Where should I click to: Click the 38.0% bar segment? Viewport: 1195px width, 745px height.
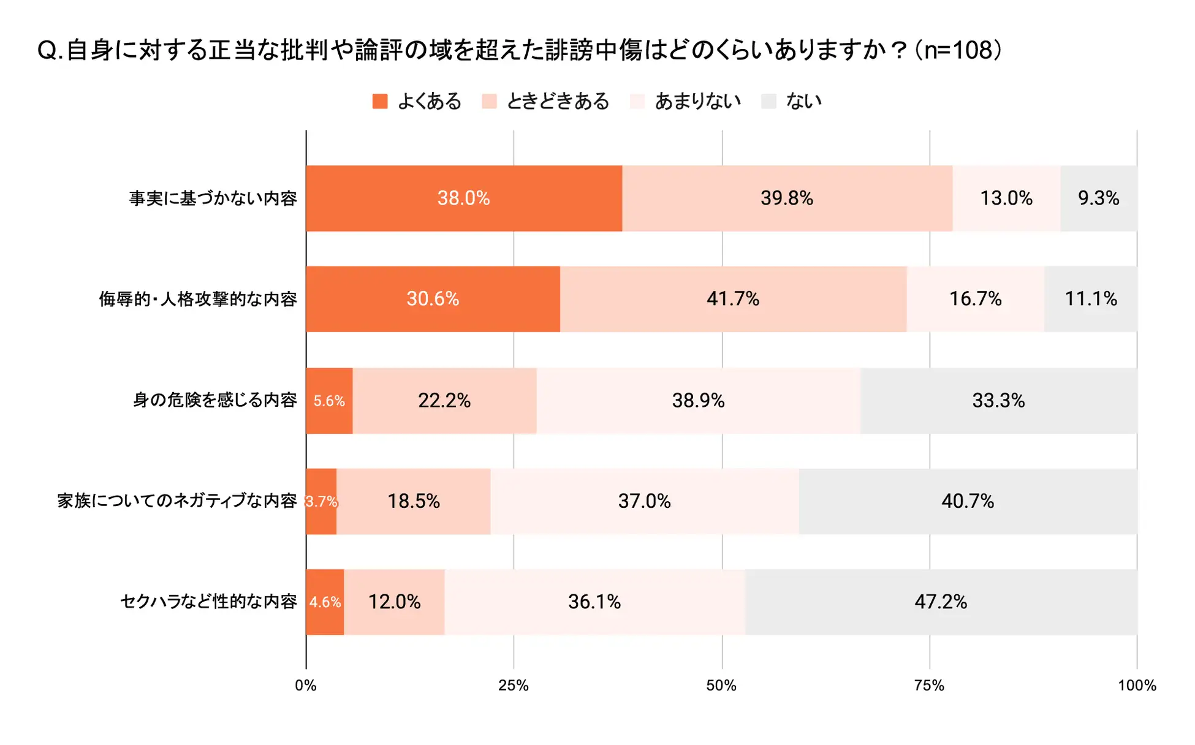point(463,198)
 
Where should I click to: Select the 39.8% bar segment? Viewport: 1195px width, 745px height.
point(787,198)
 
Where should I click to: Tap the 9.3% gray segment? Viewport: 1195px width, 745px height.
point(1098,198)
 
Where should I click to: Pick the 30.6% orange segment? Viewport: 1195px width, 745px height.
point(433,299)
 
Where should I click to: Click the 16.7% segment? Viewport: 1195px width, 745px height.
point(975,299)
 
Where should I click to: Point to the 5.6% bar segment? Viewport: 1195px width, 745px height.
point(329,401)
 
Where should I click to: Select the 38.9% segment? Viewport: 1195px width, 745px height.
point(698,401)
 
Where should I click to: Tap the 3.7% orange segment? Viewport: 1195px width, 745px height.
point(321,502)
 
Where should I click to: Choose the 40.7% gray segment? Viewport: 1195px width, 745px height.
point(968,502)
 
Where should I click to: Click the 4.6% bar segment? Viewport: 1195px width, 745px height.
point(325,602)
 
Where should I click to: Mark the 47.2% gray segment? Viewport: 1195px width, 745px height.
point(941,602)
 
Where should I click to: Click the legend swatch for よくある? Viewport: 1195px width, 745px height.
point(380,101)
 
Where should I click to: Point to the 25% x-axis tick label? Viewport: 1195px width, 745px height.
point(514,686)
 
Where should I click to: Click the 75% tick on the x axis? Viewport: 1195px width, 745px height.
point(929,686)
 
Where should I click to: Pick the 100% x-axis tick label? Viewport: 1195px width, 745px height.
point(1137,686)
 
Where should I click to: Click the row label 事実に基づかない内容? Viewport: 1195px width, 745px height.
point(213,199)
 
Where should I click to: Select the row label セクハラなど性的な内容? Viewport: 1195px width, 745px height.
point(208,602)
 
